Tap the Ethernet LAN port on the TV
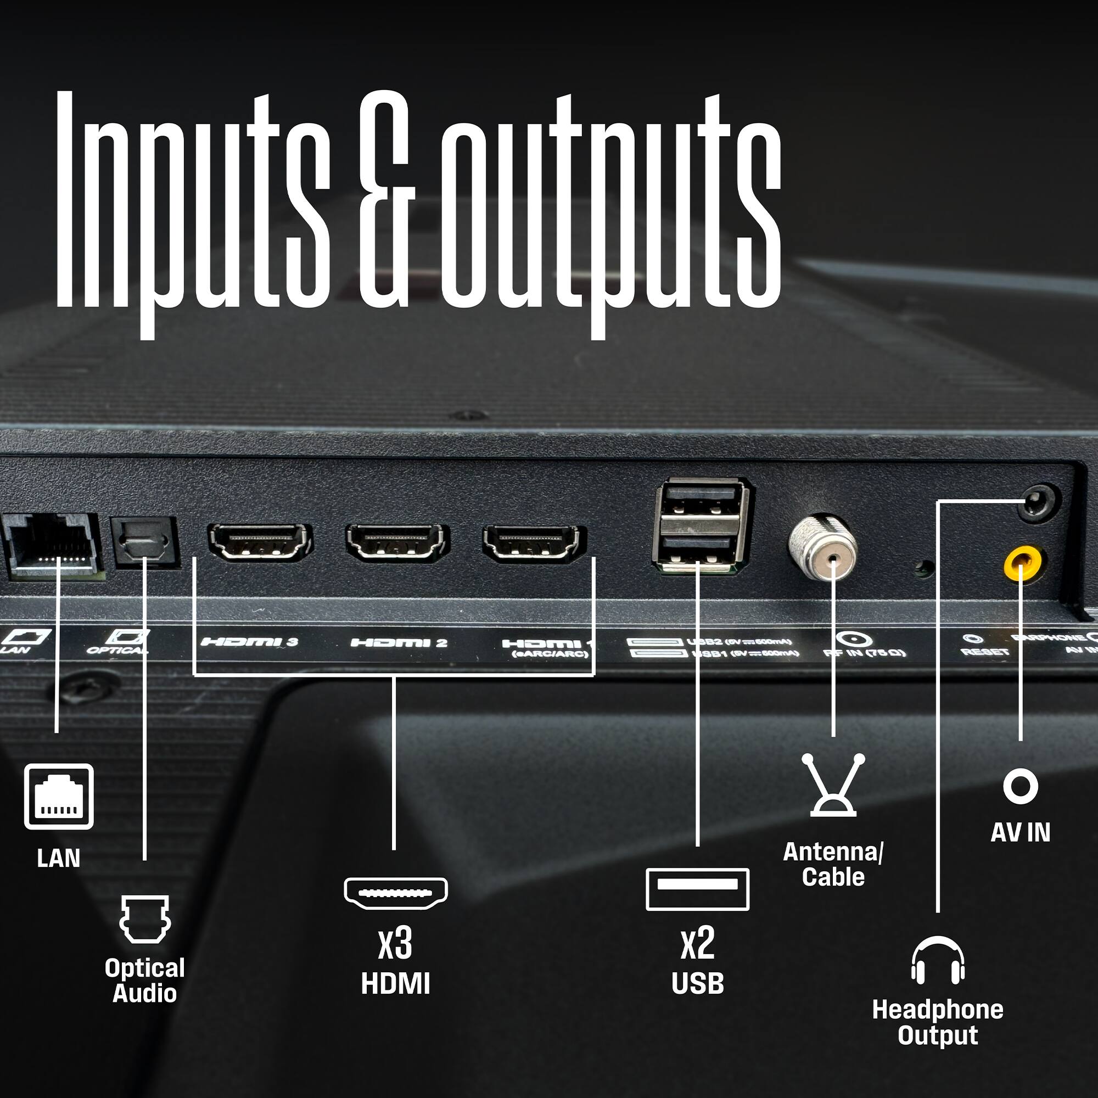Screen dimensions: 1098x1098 click(52, 545)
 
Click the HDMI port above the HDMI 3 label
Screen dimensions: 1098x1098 click(260, 542)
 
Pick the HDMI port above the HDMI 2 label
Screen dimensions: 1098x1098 click(397, 542)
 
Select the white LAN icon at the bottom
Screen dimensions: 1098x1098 click(59, 796)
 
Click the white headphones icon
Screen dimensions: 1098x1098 click(938, 960)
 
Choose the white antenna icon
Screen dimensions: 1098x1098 click(833, 785)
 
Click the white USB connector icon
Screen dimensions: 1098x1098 click(697, 888)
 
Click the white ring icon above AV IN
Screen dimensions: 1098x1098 click(1021, 787)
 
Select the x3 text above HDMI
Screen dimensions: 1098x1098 click(395, 943)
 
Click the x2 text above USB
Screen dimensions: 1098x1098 click(697, 943)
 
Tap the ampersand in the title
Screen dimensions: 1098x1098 click(384, 199)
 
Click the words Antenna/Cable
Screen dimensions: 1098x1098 click(833, 865)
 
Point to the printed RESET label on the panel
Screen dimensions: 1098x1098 click(985, 652)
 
